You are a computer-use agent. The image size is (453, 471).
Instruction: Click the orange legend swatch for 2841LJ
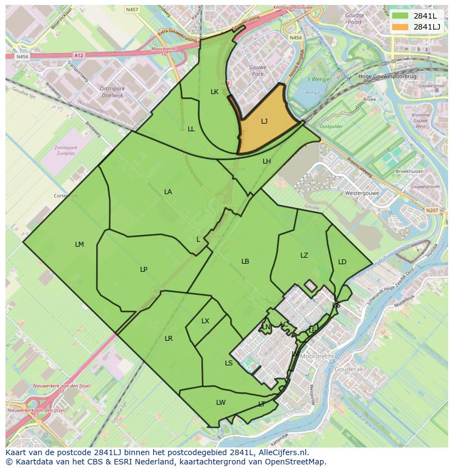click(x=400, y=27)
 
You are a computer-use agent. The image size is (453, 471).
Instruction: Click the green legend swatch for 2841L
click(x=400, y=16)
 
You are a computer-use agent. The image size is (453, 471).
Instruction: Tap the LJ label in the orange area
click(x=264, y=121)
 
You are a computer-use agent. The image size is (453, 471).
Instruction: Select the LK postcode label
click(x=214, y=92)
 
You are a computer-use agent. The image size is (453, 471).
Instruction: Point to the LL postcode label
click(x=191, y=129)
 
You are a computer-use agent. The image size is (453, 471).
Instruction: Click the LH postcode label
click(x=266, y=161)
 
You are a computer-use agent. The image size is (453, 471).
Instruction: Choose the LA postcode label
click(x=168, y=191)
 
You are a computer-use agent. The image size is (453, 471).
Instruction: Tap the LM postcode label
click(x=79, y=244)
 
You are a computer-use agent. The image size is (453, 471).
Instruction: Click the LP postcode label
click(x=143, y=269)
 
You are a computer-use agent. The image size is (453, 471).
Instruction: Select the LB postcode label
click(x=245, y=261)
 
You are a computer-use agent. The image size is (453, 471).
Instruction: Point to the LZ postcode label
click(x=304, y=255)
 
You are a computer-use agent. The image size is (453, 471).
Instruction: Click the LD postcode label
click(x=342, y=261)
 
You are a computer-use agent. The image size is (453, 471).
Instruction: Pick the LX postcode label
click(x=205, y=321)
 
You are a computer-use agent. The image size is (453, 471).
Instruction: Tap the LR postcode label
click(x=169, y=339)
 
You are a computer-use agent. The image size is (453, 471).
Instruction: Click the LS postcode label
click(x=229, y=363)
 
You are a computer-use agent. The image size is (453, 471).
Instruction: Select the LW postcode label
click(x=220, y=402)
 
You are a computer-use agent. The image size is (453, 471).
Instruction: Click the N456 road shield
click(x=22, y=56)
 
